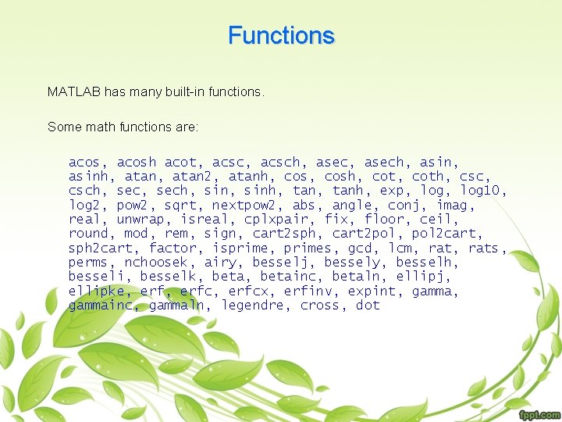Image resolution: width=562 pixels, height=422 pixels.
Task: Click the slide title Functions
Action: click(281, 36)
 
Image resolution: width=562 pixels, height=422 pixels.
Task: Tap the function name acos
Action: click(84, 162)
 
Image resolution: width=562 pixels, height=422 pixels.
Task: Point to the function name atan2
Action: click(188, 176)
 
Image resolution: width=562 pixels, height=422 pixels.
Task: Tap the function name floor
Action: click(383, 220)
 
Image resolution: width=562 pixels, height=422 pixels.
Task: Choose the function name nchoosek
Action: click(156, 263)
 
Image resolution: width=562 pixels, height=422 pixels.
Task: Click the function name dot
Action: click(368, 306)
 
